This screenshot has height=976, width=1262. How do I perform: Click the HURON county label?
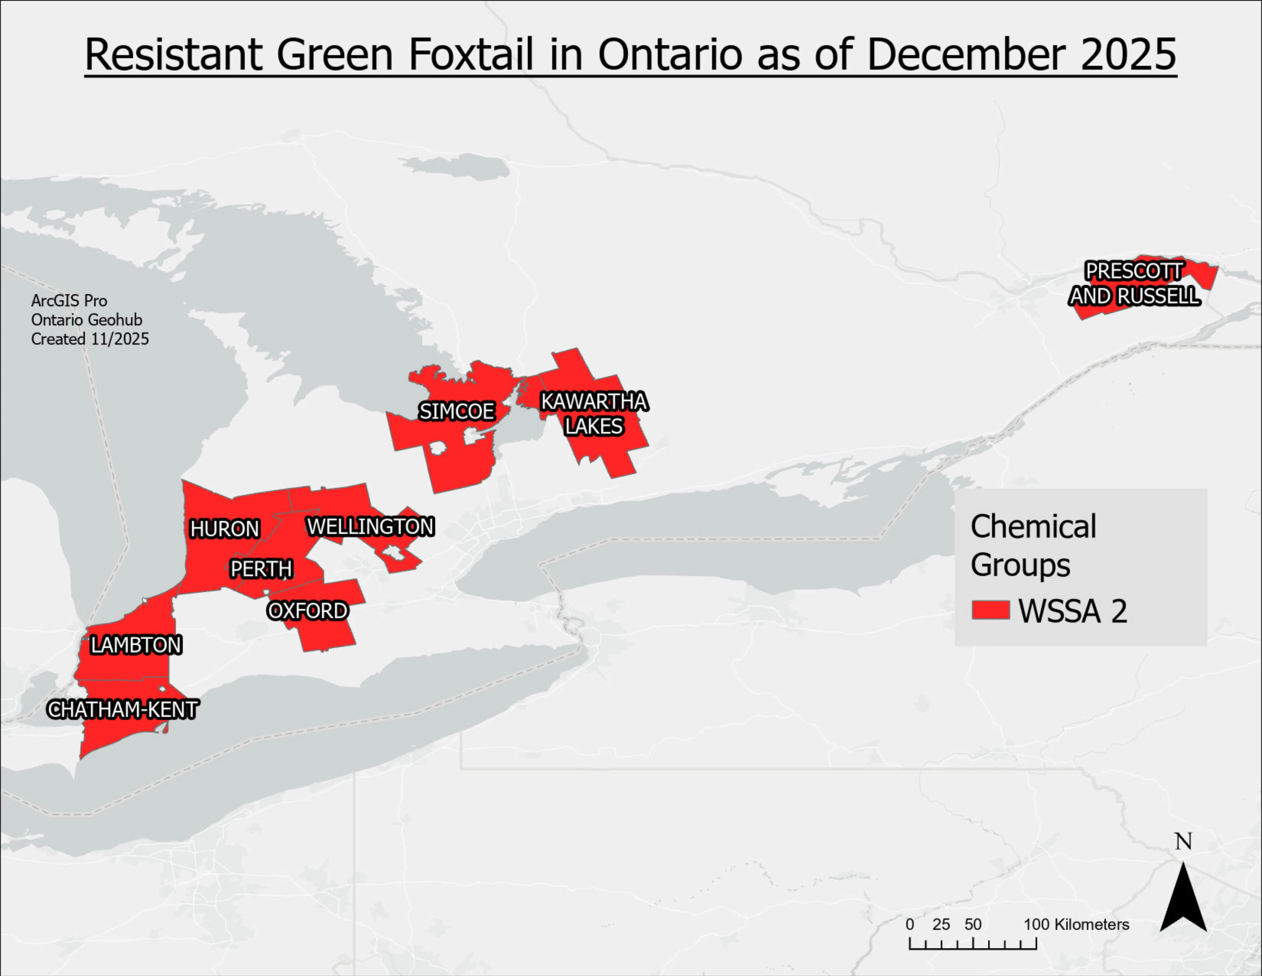tap(225, 528)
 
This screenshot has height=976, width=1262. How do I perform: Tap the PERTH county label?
tap(261, 569)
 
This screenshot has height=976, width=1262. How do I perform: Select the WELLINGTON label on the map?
tap(370, 526)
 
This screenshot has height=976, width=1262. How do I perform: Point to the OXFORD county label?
tap(308, 611)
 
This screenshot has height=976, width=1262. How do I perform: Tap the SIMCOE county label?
tap(456, 411)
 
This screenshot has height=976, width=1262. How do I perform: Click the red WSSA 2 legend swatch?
tap(990, 610)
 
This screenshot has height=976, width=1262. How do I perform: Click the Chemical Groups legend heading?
tap(1033, 545)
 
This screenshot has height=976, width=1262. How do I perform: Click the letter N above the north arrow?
tap(1183, 842)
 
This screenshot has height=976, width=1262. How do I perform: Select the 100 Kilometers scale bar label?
tap(1076, 925)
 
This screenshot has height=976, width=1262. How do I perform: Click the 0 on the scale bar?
tap(910, 925)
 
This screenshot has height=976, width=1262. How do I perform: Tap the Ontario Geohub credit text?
tap(87, 320)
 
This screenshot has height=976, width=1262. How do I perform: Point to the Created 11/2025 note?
tap(89, 339)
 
